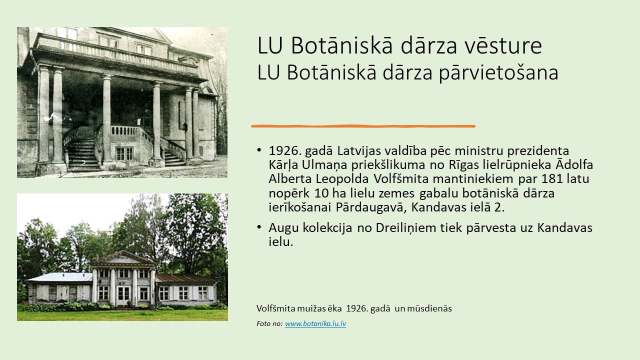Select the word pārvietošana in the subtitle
[x=498, y=73]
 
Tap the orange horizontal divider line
[x=363, y=126]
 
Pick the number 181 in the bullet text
[x=551, y=179]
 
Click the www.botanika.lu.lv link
[x=315, y=323]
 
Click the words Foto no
[x=269, y=323]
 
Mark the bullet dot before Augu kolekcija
[x=259, y=227]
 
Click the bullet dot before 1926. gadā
[x=259, y=150]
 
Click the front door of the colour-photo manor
[x=123, y=296]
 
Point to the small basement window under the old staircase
[x=124, y=153]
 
